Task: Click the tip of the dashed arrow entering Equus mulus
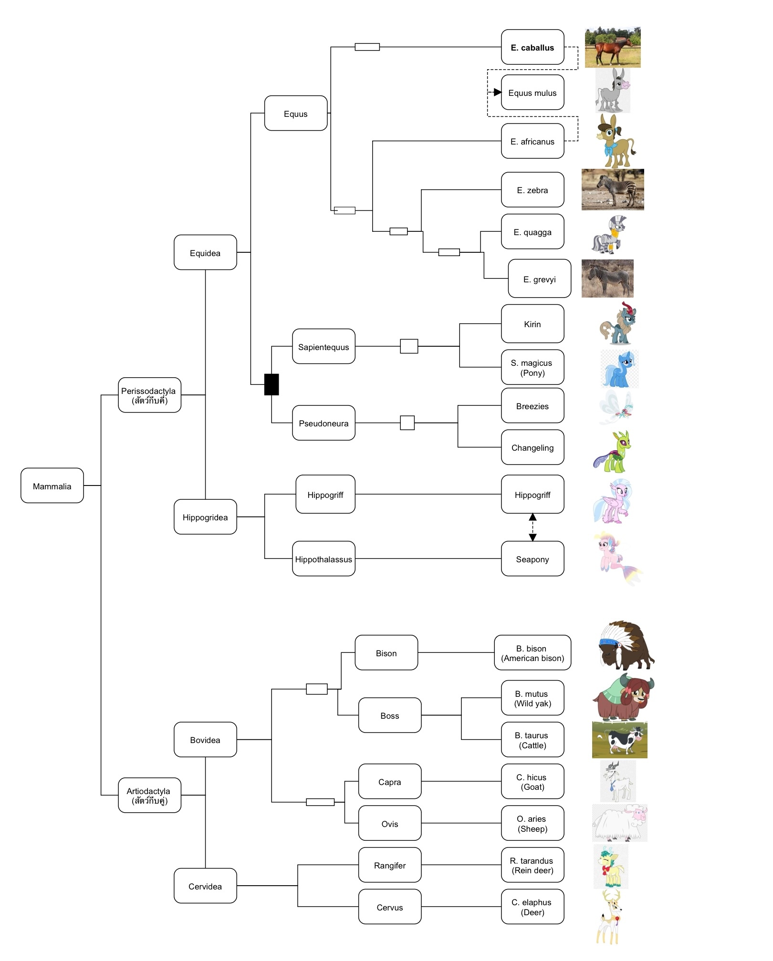[x=501, y=92]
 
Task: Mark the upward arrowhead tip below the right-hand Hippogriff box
[x=533, y=514]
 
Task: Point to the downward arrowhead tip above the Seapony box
[x=533, y=541]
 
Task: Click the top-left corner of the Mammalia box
[x=21, y=468]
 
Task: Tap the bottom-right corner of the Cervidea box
[x=237, y=903]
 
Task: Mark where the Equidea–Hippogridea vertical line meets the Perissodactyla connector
[x=205, y=395]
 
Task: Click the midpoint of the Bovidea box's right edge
[x=237, y=739]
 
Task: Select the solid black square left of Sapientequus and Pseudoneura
[x=272, y=384]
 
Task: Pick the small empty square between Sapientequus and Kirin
[x=409, y=346]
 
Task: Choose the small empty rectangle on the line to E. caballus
[x=367, y=47]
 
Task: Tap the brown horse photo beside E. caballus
[x=613, y=47]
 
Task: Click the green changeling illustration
[x=612, y=451]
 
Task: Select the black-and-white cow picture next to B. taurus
[x=620, y=740]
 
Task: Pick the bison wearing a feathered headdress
[x=626, y=645]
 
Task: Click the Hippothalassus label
[x=324, y=559]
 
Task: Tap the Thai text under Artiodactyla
[x=150, y=801]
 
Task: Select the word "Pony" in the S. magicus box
[x=533, y=373]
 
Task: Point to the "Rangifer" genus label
[x=390, y=866]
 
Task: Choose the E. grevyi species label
[x=540, y=279]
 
